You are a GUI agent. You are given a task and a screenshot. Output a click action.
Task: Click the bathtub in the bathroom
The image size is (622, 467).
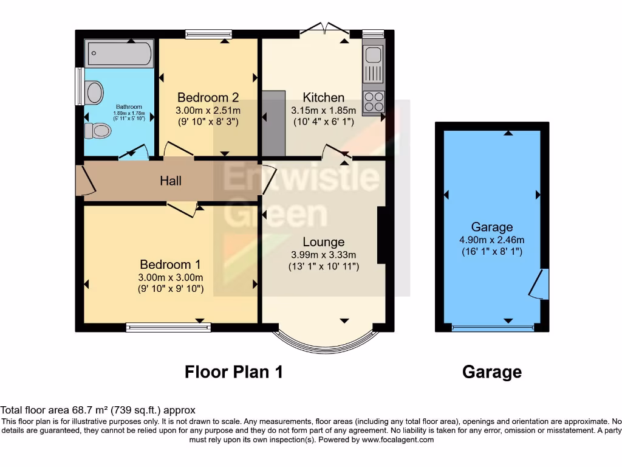tap(119, 54)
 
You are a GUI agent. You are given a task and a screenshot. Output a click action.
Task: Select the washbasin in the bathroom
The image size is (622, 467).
tap(94, 93)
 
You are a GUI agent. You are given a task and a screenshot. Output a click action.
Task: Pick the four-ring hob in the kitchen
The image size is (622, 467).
tap(374, 102)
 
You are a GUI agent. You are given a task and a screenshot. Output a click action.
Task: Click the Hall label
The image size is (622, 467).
tap(171, 181)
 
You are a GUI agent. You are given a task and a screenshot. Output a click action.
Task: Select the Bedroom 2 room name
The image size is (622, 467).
tap(208, 97)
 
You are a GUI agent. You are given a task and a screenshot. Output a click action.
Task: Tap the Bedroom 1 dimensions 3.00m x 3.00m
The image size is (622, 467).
tap(170, 277)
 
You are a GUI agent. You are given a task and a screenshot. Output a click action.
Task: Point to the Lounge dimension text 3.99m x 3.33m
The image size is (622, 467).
tap(324, 255)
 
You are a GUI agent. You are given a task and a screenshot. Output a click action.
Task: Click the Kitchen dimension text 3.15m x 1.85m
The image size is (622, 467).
tap(324, 110)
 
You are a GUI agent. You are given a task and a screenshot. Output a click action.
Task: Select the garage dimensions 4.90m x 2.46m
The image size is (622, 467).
tap(492, 240)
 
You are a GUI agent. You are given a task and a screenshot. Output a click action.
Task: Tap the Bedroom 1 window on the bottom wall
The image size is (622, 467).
tap(169, 328)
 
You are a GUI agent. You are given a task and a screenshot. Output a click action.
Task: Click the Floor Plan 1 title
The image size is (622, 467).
tap(234, 371)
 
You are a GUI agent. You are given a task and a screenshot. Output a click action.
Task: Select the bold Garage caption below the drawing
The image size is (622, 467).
tap(492, 372)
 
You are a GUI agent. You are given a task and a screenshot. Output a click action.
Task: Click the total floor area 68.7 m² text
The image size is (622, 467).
tap(98, 410)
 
